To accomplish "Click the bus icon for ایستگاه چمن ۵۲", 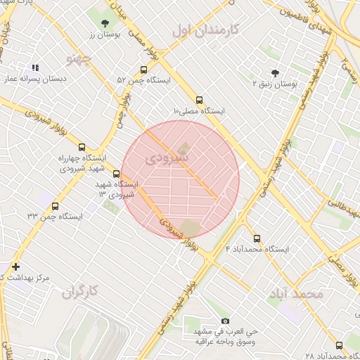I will coord(143,70).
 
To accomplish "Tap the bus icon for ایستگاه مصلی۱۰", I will coord(199,100).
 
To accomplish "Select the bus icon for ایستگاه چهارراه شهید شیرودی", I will coord(82,148).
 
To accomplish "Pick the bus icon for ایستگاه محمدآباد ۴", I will coord(256,238).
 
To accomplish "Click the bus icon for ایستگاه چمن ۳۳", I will coord(56,205).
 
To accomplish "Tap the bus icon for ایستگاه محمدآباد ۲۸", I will coord(339,345).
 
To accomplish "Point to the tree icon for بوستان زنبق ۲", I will coord(275,72).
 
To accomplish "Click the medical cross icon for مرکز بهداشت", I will coord(15,266).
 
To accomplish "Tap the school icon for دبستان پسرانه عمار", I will coord(35,68).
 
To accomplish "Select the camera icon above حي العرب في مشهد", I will coord(225,321).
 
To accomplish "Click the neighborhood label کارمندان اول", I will coord(206,30).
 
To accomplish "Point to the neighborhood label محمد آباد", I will coord(295,293).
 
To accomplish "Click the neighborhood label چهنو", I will coord(78,56).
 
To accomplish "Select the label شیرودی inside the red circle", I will coord(167,159).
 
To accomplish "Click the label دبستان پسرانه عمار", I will coord(34,80).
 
